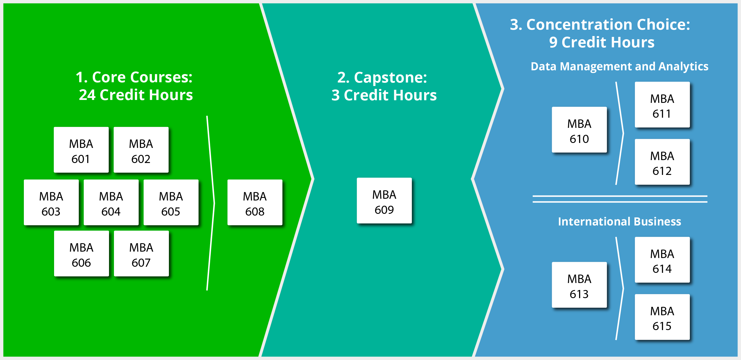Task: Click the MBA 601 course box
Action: pos(81,150)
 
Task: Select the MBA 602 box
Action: pos(141,150)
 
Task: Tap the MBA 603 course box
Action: pos(51,203)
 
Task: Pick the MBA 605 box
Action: pos(171,203)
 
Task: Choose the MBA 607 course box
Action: pos(141,254)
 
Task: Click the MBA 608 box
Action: pos(255,203)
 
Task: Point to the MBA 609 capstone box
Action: pos(384,201)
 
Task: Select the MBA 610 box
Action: pos(579,130)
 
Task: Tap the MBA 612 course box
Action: pos(662,162)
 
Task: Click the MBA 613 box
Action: pos(579,285)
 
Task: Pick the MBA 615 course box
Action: pos(662,317)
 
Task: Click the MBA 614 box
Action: pos(662,260)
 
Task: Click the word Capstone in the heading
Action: pos(390,78)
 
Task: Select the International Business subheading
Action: pos(619,222)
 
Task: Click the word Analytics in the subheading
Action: pos(683,67)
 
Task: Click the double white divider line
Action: pos(620,199)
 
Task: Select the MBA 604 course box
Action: pos(111,203)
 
